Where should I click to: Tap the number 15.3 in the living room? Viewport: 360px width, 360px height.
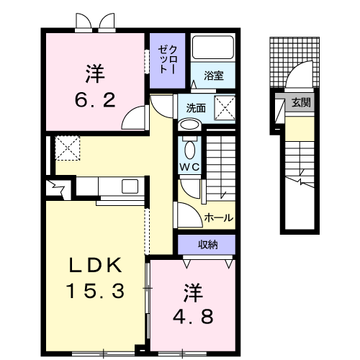(x=96, y=291)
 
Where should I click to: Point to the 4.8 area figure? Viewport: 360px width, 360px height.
(x=193, y=315)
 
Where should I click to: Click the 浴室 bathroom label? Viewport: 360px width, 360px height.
(x=213, y=75)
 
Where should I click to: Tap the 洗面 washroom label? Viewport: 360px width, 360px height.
(x=195, y=109)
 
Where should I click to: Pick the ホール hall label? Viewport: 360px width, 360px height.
(x=218, y=217)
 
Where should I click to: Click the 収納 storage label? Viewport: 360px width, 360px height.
(x=207, y=245)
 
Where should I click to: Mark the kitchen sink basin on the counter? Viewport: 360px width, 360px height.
(x=130, y=186)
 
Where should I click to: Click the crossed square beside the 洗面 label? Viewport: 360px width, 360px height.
(x=225, y=109)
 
